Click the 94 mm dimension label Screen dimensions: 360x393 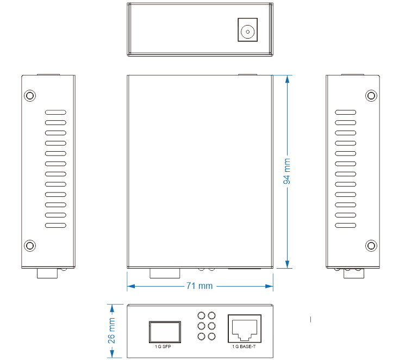pos(287,171)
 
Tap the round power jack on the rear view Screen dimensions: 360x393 pos(248,31)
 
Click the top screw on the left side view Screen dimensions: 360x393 pos(30,96)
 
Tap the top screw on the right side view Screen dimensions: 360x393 pos(371,96)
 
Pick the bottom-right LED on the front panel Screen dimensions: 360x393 pos(211,337)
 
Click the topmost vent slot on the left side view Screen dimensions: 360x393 pos(55,113)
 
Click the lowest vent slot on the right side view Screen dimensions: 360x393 pos(345,225)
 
